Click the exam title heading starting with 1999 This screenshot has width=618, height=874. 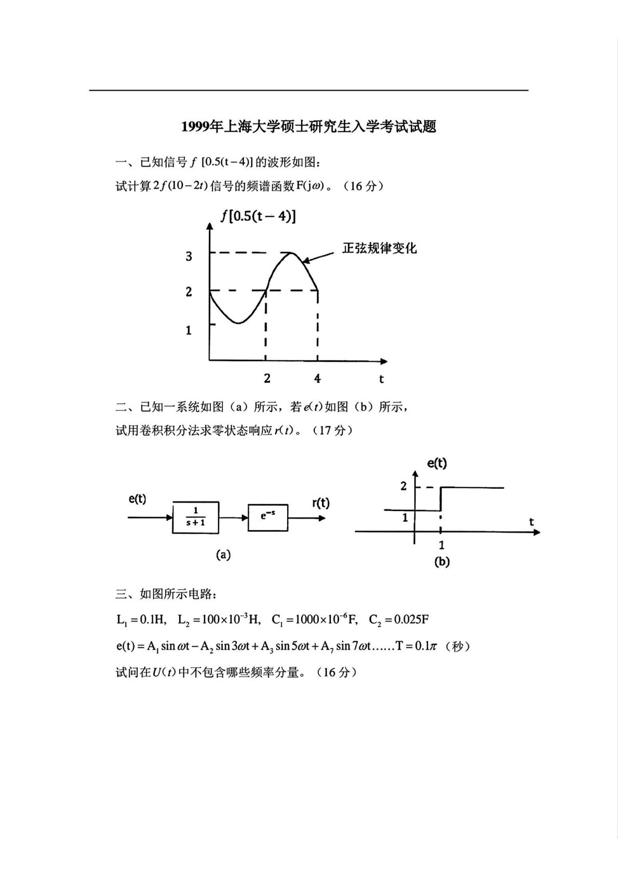(308, 127)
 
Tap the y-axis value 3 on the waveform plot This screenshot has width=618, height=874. (189, 257)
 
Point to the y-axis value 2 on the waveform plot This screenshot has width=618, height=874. (189, 292)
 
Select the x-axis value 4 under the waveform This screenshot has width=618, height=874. (317, 379)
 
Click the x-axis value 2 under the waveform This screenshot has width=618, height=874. (267, 379)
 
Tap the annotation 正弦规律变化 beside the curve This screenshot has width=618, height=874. (379, 248)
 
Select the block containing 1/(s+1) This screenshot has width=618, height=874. (195, 517)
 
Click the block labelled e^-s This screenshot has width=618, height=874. (267, 517)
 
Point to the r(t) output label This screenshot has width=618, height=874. (321, 503)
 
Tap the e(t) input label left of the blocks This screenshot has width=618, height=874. (138, 500)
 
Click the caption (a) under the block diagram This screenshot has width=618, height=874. (223, 555)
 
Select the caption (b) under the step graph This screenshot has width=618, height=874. (441, 562)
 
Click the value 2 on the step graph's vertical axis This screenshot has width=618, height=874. (404, 487)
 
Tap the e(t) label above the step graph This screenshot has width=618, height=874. (437, 463)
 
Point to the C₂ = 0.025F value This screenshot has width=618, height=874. (398, 620)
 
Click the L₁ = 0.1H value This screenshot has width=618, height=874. (141, 620)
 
